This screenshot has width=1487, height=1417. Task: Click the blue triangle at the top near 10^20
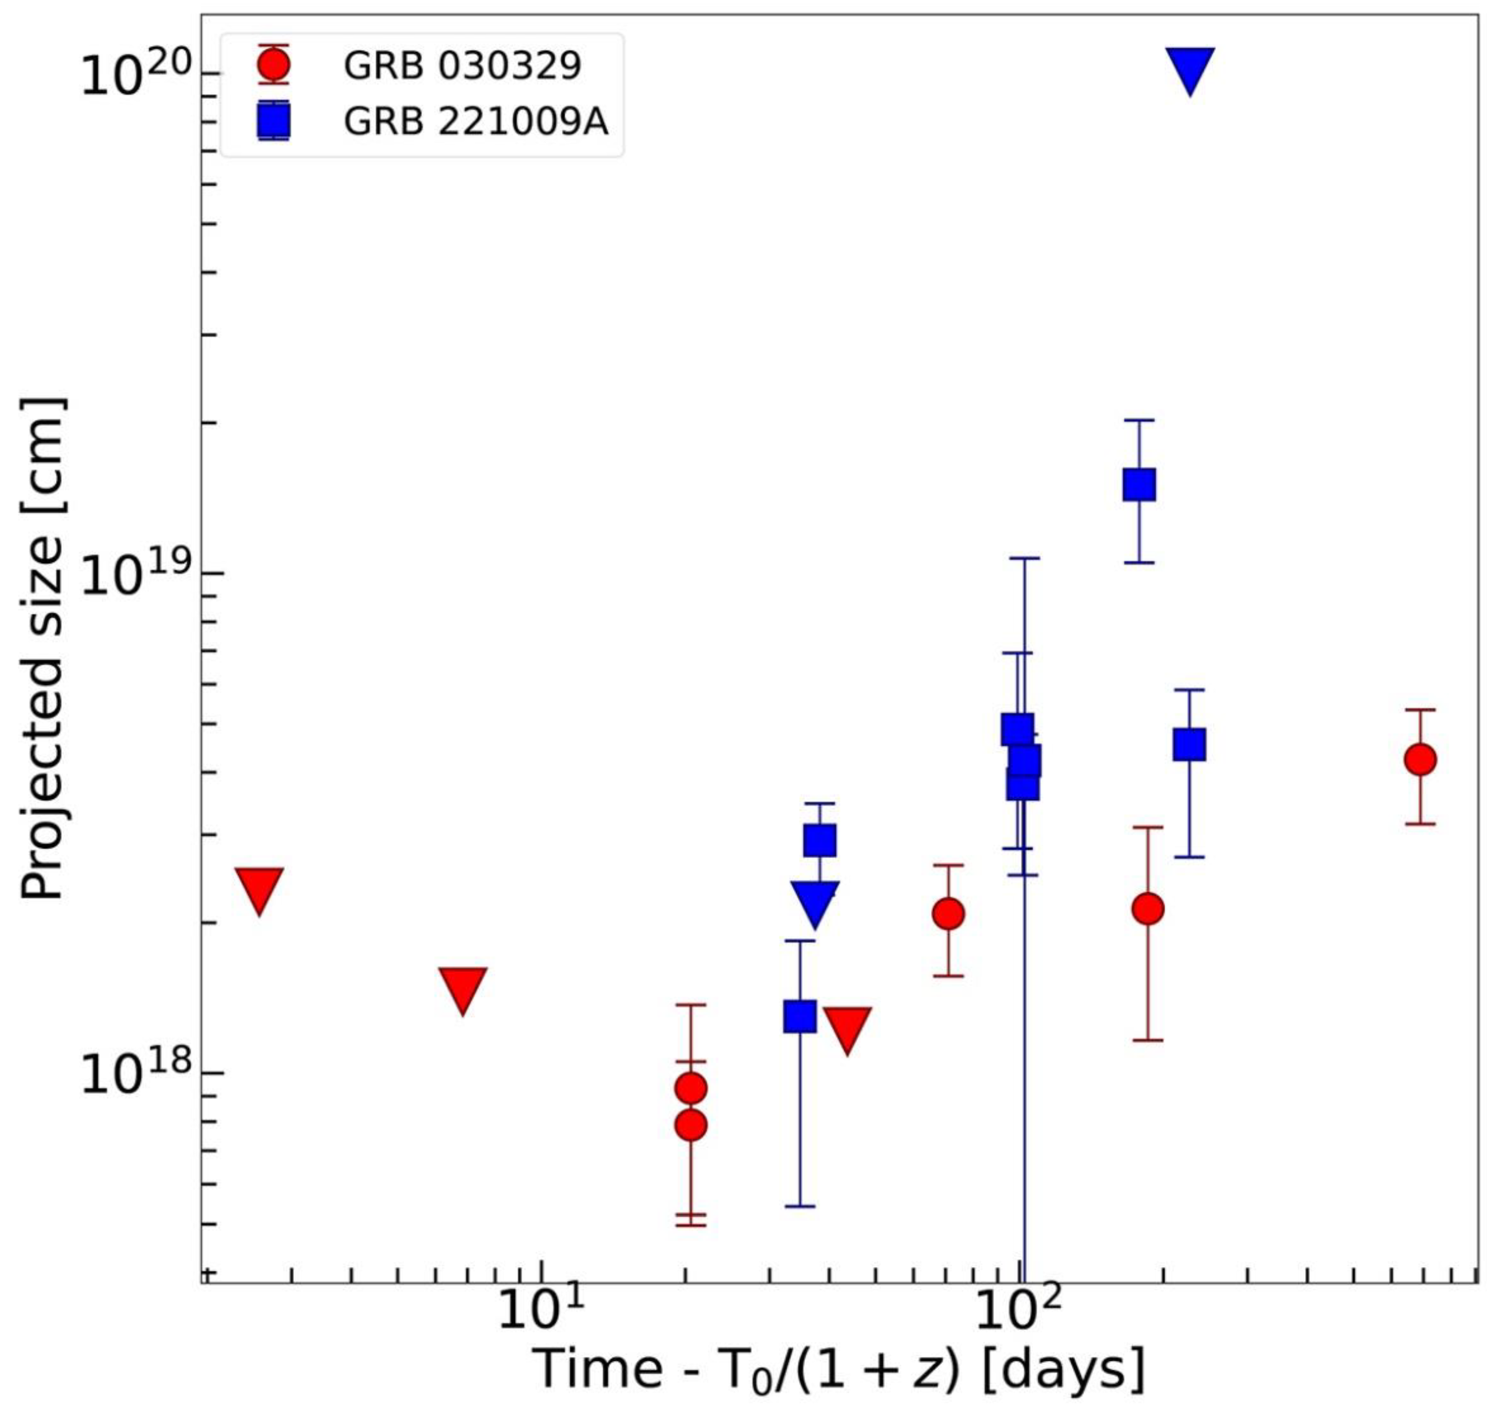(1189, 68)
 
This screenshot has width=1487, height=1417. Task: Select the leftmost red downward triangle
(259, 888)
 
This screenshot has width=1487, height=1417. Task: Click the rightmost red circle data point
(1420, 759)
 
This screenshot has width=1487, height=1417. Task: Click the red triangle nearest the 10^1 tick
(462, 987)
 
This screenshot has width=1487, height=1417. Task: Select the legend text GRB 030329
(462, 66)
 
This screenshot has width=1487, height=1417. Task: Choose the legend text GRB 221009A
(476, 121)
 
